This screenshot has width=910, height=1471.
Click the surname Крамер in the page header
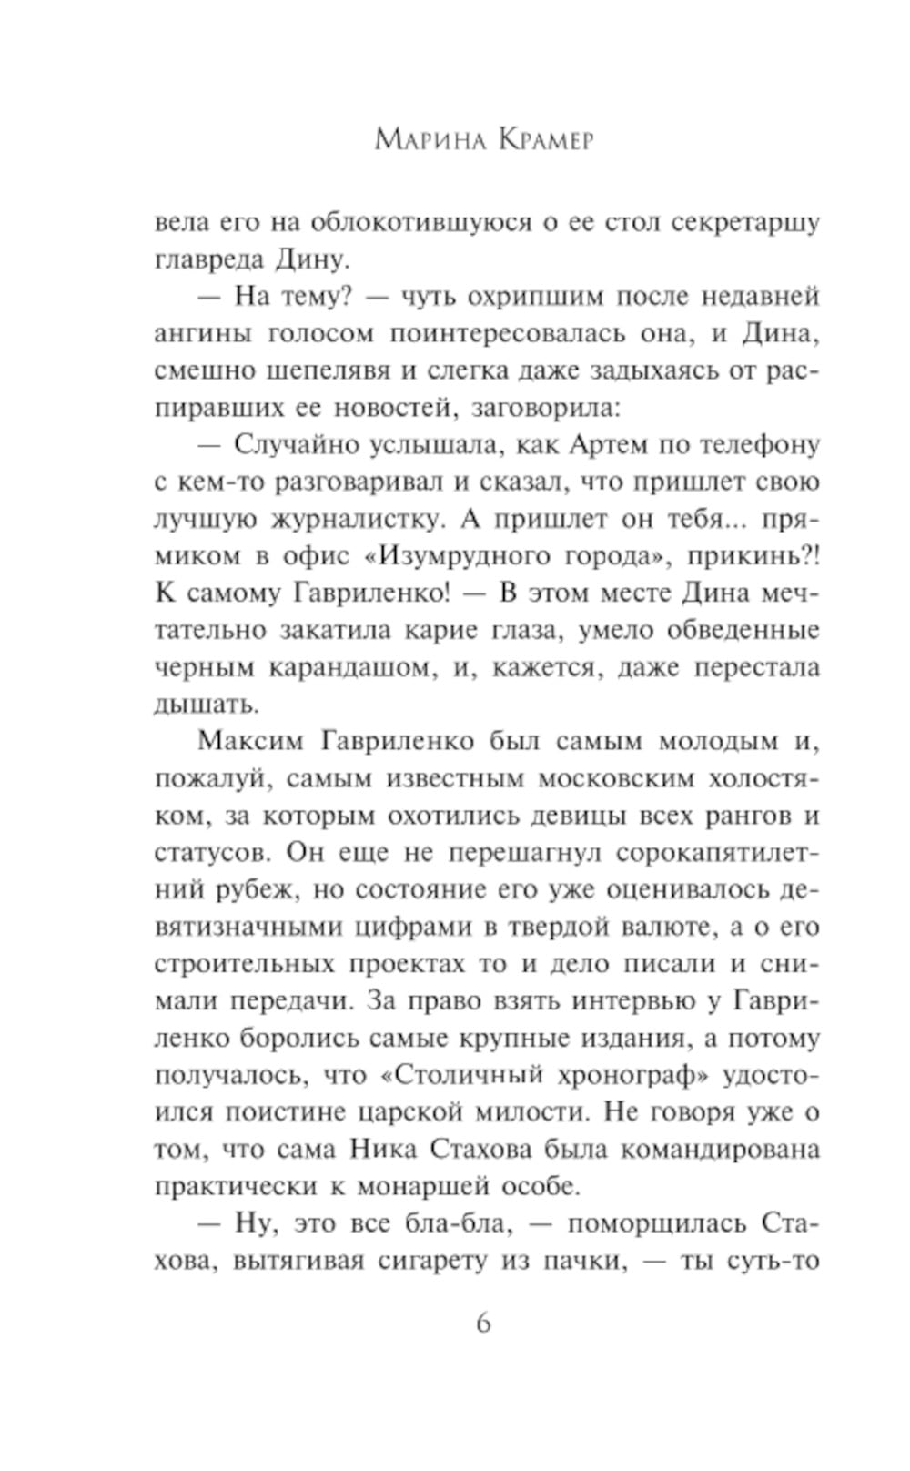pyautogui.click(x=543, y=140)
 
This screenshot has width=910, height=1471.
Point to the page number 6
pyautogui.click(x=483, y=1323)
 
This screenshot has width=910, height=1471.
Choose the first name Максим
pyautogui.click(x=248, y=742)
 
